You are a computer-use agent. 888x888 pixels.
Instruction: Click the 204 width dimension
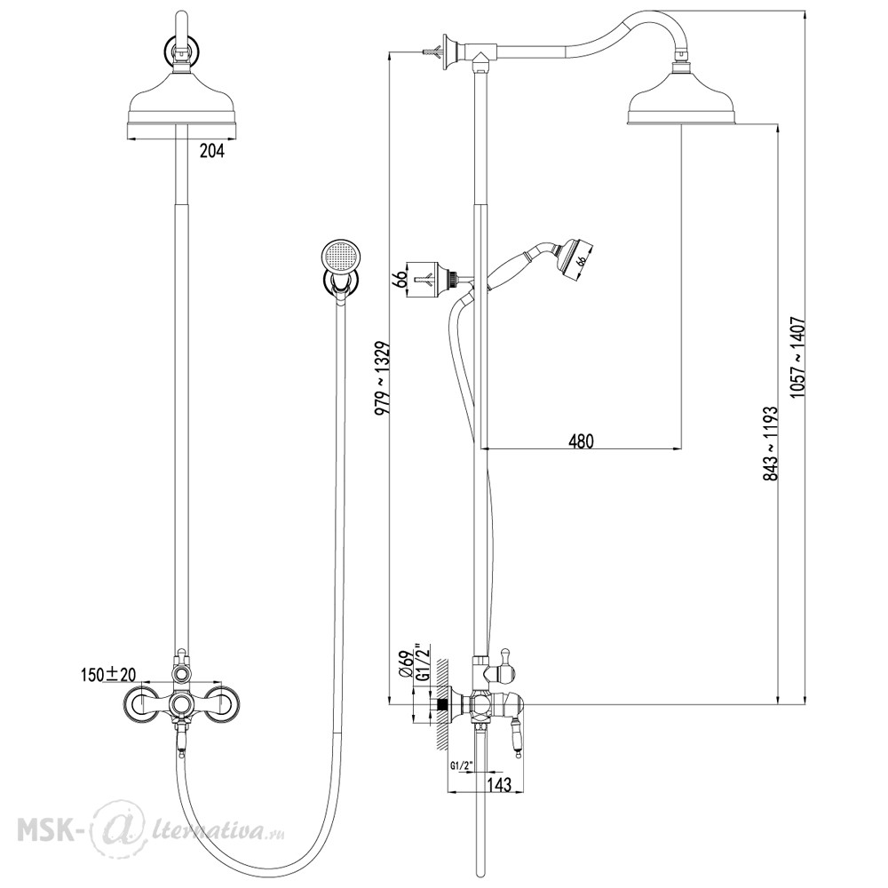click(x=212, y=151)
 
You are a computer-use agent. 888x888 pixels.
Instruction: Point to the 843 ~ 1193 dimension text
click(x=770, y=443)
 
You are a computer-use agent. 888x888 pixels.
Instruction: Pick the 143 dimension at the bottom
click(x=499, y=784)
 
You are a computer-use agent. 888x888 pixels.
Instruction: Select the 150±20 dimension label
click(x=108, y=674)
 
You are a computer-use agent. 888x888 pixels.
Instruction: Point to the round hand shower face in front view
click(x=340, y=255)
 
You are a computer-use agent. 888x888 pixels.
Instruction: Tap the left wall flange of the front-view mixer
click(x=141, y=704)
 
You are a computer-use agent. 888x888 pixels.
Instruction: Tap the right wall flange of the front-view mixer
click(x=221, y=704)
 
